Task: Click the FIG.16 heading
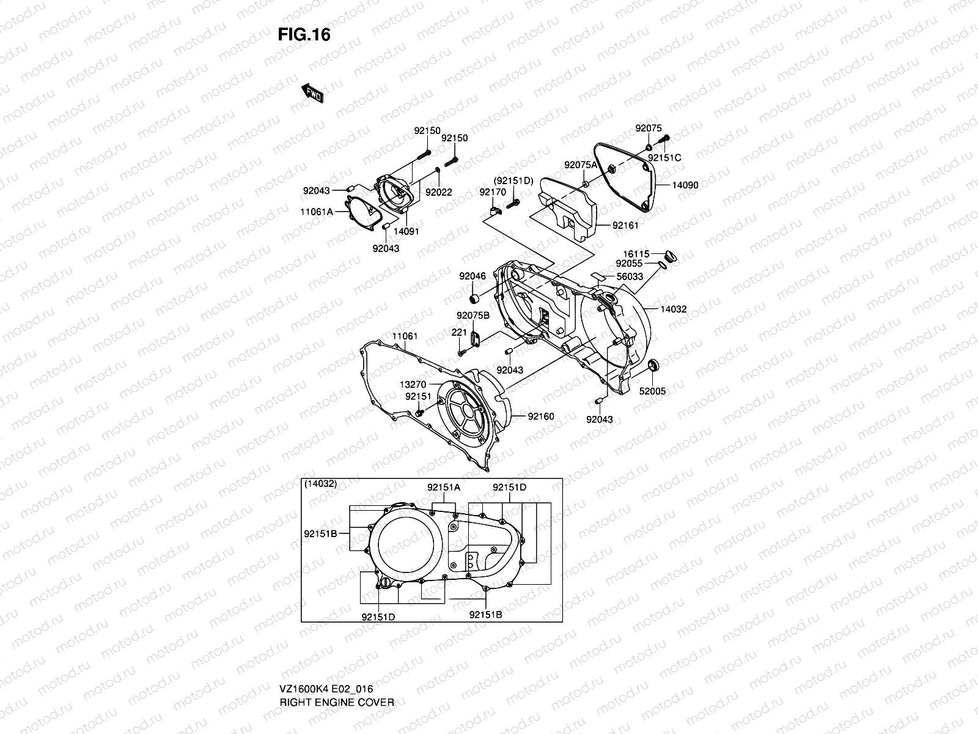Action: pyautogui.click(x=304, y=35)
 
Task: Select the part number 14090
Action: pyautogui.click(x=685, y=185)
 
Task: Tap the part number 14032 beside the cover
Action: pyautogui.click(x=674, y=309)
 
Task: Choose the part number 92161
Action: pyautogui.click(x=625, y=225)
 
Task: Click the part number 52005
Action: pyautogui.click(x=653, y=391)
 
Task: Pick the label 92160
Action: pyautogui.click(x=541, y=417)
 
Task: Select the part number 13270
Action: pyautogui.click(x=413, y=384)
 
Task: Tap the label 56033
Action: pyautogui.click(x=630, y=276)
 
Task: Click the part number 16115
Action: pyautogui.click(x=636, y=253)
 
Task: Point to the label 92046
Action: pyautogui.click(x=472, y=276)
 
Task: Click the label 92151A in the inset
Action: pyautogui.click(x=444, y=487)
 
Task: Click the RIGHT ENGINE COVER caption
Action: pyautogui.click(x=337, y=667)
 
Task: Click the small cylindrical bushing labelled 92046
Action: pyautogui.click(x=472, y=298)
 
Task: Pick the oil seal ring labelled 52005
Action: pyautogui.click(x=653, y=366)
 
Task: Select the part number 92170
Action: pyautogui.click(x=493, y=191)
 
